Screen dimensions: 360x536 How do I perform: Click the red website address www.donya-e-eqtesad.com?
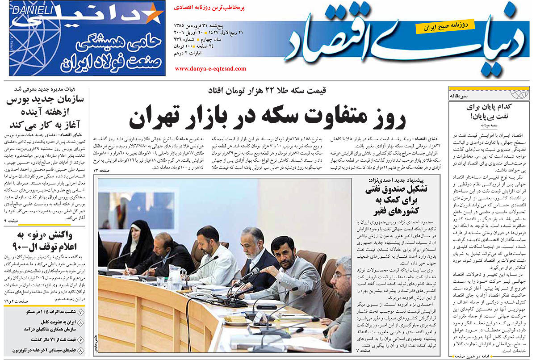210,69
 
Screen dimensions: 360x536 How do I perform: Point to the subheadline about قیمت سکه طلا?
267,91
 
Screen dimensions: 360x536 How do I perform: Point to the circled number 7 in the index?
80,312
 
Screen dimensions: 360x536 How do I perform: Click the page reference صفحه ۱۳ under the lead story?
99,171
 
